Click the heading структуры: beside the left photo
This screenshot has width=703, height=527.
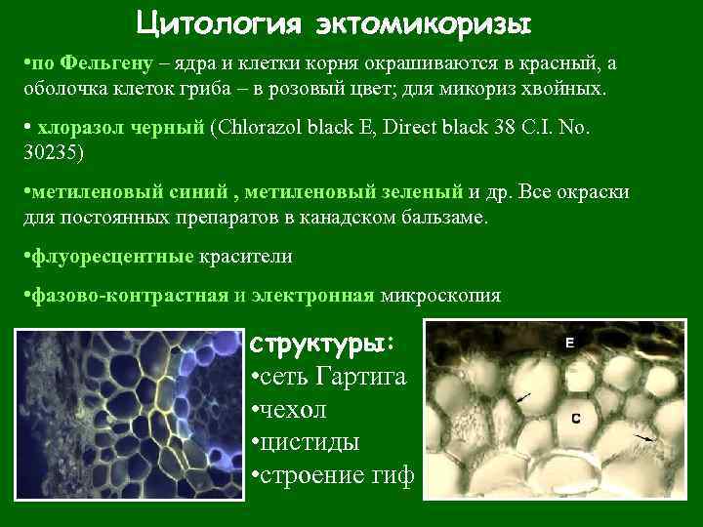tap(322, 345)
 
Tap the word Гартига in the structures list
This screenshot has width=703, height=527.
tap(373, 377)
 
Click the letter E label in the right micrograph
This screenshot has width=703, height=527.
tap(569, 343)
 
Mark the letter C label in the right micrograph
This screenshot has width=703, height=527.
tap(577, 418)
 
